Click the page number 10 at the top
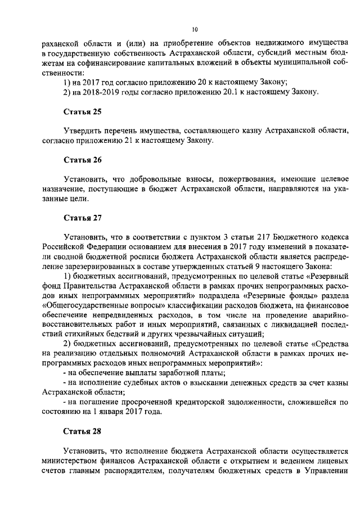tap(195, 29)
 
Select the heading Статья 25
tap(82, 111)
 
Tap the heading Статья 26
tap(82, 160)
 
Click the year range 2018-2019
tap(104, 92)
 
